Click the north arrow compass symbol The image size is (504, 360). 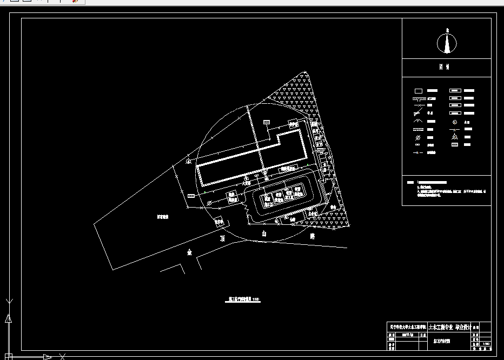(447, 43)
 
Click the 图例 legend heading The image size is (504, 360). (447, 68)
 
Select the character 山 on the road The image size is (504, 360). (264, 234)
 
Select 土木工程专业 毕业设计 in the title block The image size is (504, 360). (449, 327)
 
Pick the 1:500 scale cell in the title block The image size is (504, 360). (486, 344)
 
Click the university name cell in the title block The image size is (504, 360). (407, 327)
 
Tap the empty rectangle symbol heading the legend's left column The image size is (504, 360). (418, 91)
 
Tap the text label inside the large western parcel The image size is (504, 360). (163, 216)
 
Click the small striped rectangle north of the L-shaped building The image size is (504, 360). (266, 123)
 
